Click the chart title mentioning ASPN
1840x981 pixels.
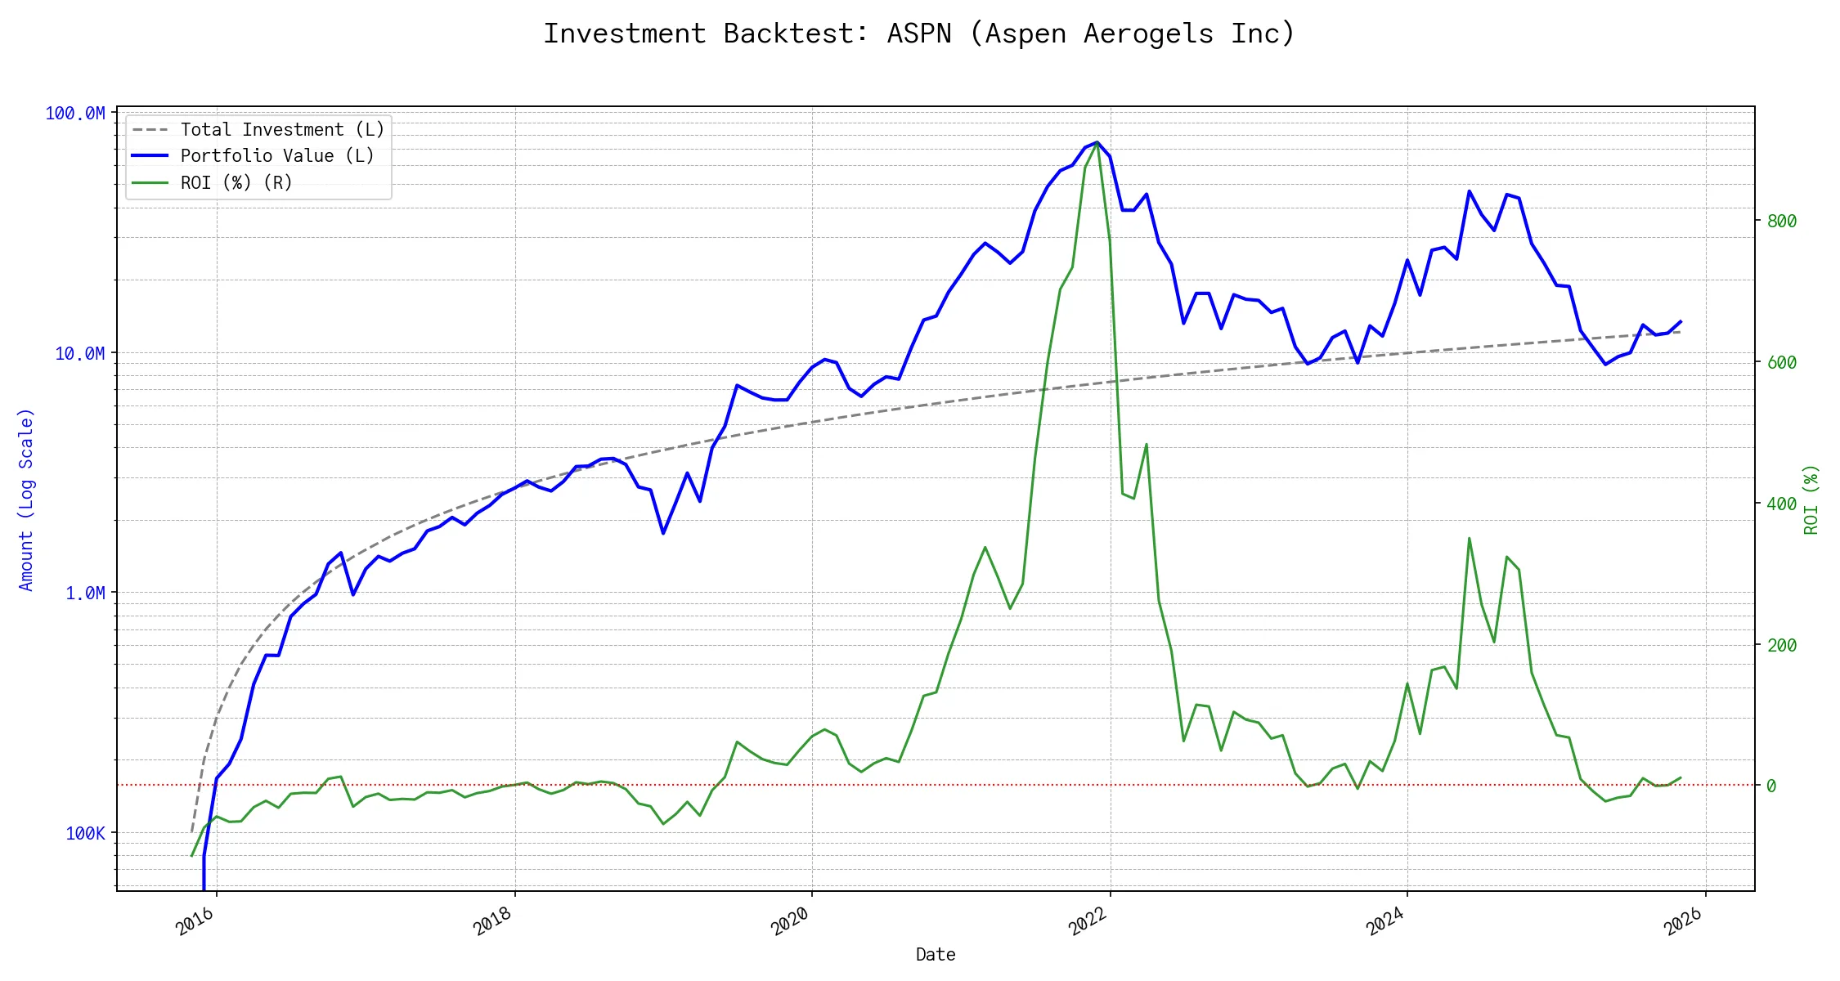click(919, 34)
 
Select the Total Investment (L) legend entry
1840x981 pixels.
click(281, 130)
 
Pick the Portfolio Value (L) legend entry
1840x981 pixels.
click(276, 156)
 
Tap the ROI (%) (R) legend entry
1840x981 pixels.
click(236, 182)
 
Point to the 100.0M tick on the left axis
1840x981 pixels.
click(75, 114)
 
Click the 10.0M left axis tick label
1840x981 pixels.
click(80, 353)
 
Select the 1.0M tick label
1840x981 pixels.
click(85, 593)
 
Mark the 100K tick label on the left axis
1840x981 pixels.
click(85, 833)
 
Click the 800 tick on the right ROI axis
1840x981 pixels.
click(1781, 221)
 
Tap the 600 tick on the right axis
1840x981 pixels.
click(1781, 362)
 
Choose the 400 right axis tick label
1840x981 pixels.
click(1781, 504)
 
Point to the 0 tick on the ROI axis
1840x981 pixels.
click(1771, 786)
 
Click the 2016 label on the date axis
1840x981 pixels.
click(195, 921)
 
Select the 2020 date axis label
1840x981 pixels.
click(790, 921)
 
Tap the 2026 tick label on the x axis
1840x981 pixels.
click(1683, 921)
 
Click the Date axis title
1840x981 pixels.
click(936, 954)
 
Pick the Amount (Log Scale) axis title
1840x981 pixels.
click(26, 499)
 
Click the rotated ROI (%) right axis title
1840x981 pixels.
click(1811, 499)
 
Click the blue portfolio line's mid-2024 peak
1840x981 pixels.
click(1470, 191)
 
